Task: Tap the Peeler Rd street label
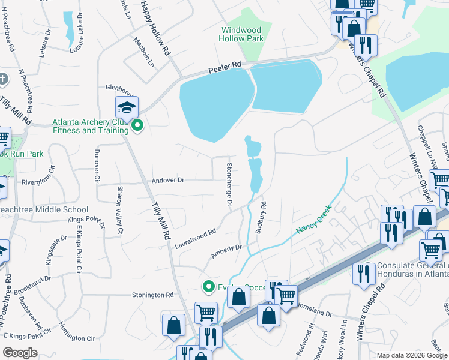224,67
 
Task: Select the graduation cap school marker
127,107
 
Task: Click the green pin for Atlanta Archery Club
137,125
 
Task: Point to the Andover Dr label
167,179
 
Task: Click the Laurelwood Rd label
195,238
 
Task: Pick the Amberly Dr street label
226,251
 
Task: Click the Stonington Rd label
152,295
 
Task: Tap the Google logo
20,353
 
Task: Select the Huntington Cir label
77,331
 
